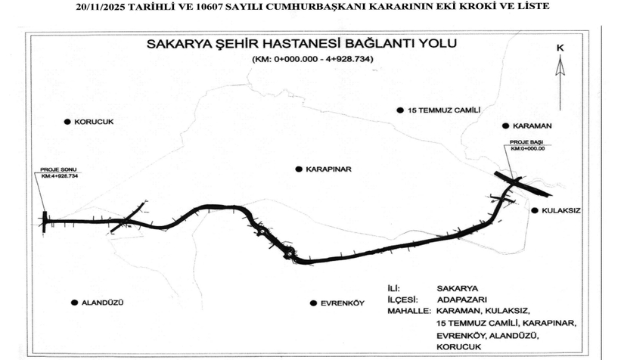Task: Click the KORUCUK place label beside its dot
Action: [x=93, y=121]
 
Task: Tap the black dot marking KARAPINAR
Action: [x=299, y=169]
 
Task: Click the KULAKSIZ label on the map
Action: [x=560, y=211]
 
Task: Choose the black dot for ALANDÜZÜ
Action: [x=74, y=303]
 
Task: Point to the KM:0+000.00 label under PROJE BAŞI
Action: [x=527, y=148]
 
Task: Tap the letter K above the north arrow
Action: [x=560, y=48]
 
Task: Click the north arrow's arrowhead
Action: [x=560, y=65]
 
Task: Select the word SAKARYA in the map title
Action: [x=175, y=44]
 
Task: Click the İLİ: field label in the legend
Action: [x=397, y=288]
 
